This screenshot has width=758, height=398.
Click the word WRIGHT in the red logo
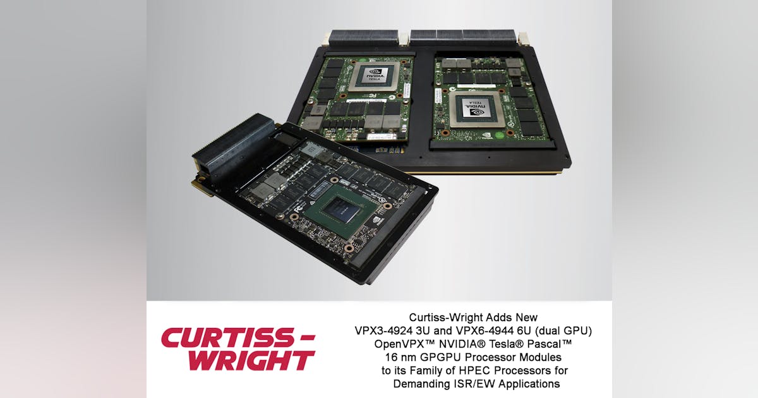click(x=251, y=360)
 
